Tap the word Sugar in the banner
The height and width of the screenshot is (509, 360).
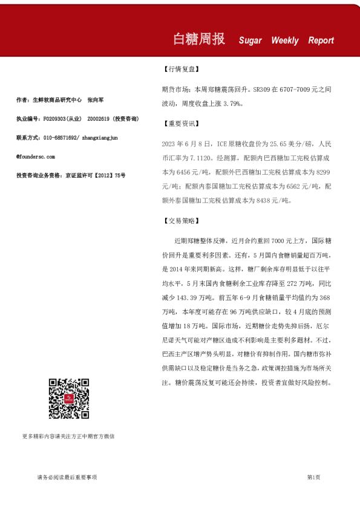[250, 41]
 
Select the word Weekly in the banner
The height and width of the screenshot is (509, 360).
[285, 41]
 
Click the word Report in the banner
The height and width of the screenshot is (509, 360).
[321, 41]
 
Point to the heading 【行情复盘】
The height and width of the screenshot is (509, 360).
[181, 70]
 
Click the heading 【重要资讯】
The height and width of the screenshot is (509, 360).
[181, 123]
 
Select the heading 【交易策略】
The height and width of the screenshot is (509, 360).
[181, 221]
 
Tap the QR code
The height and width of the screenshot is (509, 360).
[69, 399]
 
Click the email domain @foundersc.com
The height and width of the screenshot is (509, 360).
[36, 157]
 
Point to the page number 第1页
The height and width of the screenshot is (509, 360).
[313, 478]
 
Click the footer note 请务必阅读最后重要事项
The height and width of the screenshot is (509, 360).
[67, 478]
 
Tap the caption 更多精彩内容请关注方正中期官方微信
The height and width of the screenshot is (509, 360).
[68, 436]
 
